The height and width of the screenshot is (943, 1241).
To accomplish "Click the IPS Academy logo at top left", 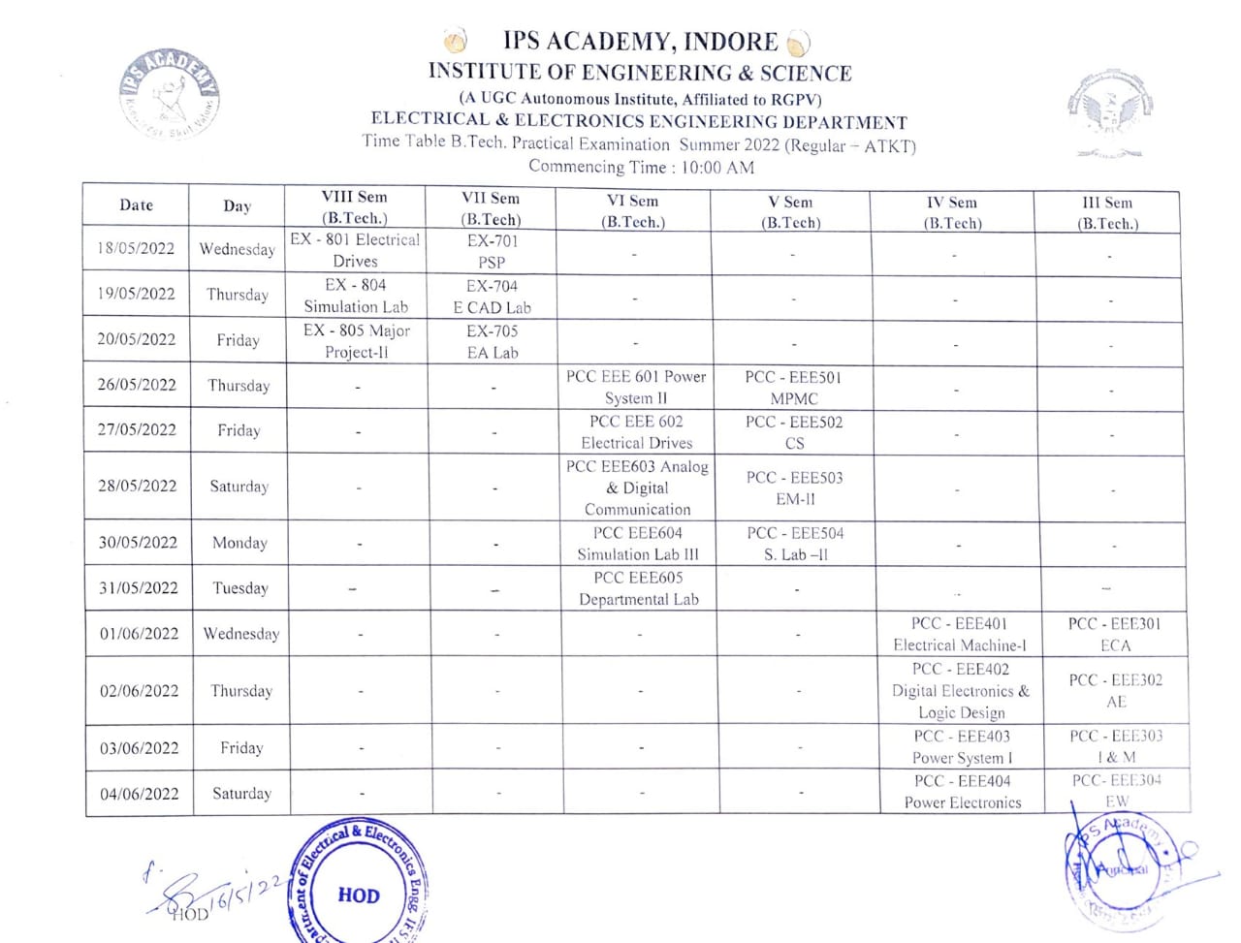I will pos(170,95).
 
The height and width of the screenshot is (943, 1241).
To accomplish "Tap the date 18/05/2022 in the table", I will pos(136,248).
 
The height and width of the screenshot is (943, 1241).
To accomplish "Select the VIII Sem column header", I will pos(354,207).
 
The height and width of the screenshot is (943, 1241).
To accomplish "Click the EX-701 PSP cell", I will pos(492,251).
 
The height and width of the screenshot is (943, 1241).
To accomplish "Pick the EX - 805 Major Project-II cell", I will pos(356,341).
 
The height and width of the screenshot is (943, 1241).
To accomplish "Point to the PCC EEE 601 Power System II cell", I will pos(636,387).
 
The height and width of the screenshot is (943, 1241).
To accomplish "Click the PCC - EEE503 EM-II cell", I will pos(794,487).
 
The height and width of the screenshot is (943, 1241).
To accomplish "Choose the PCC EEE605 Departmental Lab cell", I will pos(638,588).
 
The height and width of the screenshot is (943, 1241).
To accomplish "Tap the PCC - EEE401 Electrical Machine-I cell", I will pos(959,634).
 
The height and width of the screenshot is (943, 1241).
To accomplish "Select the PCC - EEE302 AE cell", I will pos(1115,690).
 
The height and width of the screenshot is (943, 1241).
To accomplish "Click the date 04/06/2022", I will pos(140,794).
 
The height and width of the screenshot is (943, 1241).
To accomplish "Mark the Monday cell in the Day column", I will pos(239,543).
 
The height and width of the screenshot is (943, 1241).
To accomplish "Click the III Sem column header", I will pos(1107,212).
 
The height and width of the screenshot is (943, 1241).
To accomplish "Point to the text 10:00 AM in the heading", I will pos(717,168).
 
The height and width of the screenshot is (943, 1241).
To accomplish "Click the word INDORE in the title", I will pos(730,42).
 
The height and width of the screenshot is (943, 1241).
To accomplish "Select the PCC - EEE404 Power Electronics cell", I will pos(962,792).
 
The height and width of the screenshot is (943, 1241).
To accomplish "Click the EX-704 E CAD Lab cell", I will pos(492,297).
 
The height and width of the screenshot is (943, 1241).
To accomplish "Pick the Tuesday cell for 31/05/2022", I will pos(239,588).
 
